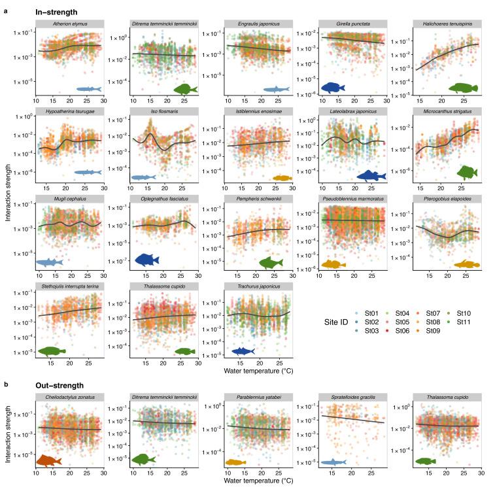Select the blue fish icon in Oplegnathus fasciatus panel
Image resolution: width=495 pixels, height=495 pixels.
[147, 260]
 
